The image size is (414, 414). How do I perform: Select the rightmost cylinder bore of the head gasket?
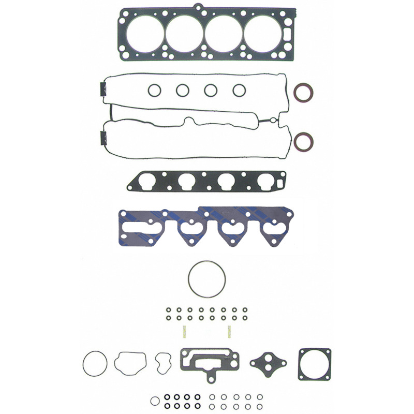[262, 34]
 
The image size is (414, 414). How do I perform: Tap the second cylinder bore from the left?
[184, 34]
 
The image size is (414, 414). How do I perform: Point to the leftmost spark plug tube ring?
[154, 91]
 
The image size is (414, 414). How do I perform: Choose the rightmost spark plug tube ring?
[239, 91]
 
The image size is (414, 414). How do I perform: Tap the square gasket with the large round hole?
[315, 364]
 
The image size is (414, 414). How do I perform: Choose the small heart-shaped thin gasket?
[163, 362]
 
